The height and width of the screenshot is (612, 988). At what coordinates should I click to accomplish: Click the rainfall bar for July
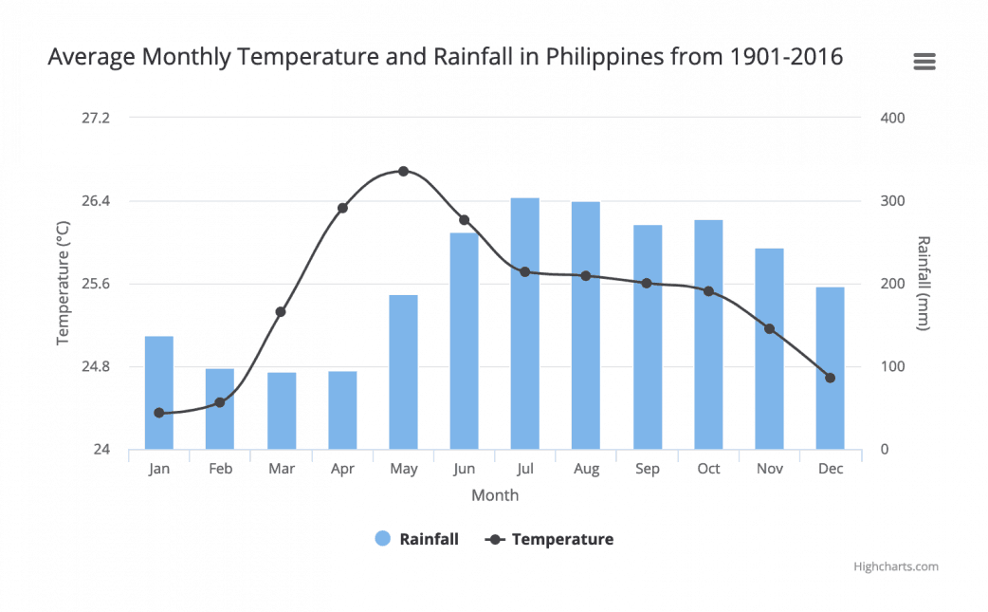click(524, 323)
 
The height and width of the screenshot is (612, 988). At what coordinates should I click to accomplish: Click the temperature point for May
click(403, 172)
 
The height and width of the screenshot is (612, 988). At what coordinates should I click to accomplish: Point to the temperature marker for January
click(159, 413)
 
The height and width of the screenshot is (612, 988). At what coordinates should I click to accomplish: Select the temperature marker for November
click(769, 329)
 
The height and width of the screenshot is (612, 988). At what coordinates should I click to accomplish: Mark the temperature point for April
click(342, 208)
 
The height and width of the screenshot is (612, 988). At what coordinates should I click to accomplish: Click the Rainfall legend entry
click(416, 539)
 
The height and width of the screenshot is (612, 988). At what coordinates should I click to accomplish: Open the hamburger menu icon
click(924, 62)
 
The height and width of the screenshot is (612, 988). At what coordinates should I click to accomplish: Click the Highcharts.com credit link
click(895, 566)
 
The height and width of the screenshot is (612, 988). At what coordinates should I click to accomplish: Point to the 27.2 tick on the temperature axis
click(96, 118)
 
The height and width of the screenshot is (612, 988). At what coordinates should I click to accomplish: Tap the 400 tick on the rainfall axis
click(892, 118)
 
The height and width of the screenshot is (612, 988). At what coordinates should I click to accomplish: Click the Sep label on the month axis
click(648, 469)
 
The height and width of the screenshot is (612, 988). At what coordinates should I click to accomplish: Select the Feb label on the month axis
click(220, 469)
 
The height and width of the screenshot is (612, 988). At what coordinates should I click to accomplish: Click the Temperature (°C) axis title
click(64, 283)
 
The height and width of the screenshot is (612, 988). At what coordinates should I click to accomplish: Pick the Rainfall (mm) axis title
click(924, 283)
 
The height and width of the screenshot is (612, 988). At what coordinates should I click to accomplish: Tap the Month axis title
click(495, 495)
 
